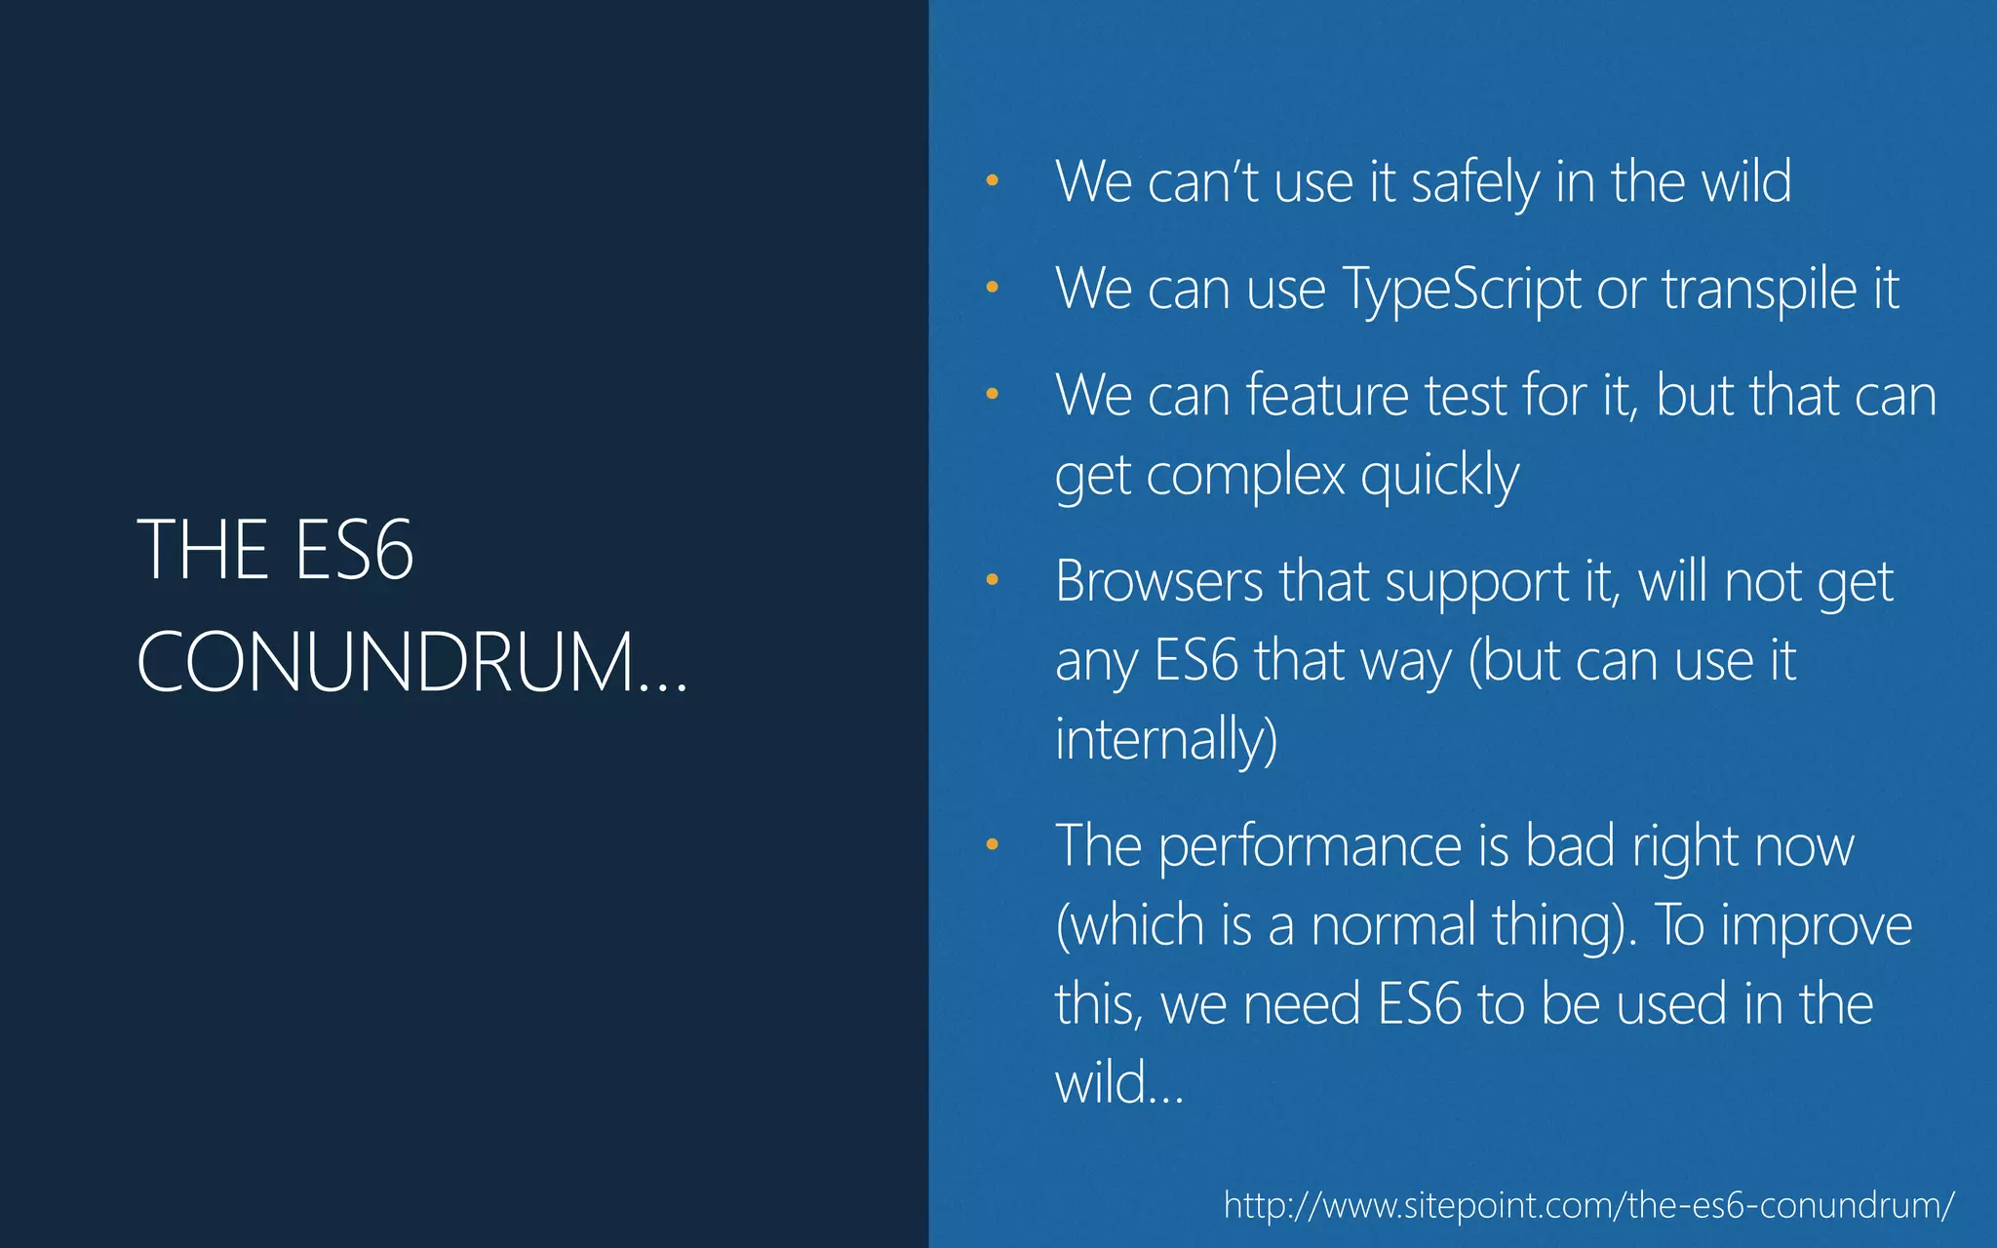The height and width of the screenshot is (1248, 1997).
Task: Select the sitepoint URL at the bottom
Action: coord(1588,1205)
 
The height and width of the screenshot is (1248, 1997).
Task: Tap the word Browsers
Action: coord(1158,582)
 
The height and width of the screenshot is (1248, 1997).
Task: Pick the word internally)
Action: coord(1165,738)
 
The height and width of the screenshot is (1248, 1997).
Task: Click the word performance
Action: coord(1309,846)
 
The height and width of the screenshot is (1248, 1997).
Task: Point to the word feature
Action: coord(1326,396)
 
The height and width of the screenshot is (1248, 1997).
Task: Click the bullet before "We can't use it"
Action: coord(992,180)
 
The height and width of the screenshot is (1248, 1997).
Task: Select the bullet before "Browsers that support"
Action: coord(992,580)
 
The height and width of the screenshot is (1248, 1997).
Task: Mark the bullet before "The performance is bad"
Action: coord(992,844)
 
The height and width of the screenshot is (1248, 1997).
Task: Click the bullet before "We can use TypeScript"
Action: coord(992,288)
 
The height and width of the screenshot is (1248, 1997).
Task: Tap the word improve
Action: coord(1816,925)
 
